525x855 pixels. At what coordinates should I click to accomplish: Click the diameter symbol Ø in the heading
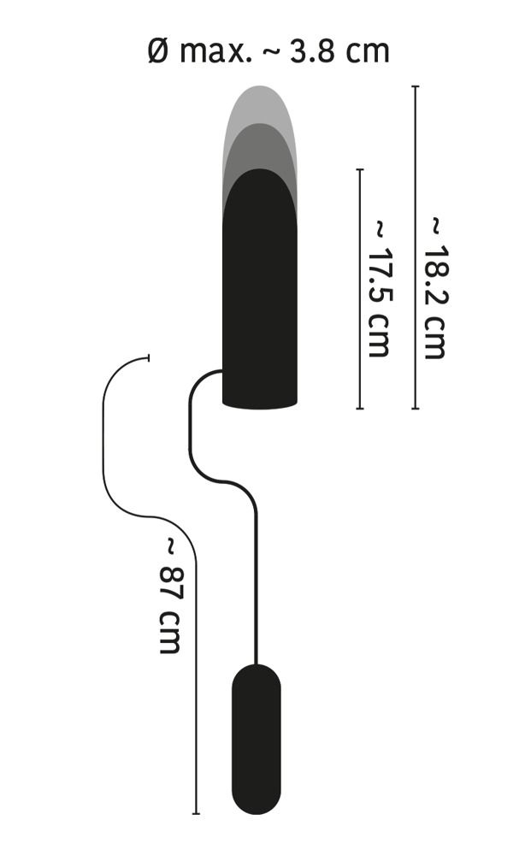[x=158, y=52]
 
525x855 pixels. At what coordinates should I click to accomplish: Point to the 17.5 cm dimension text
[x=380, y=288]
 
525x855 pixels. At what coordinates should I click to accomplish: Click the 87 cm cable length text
[x=169, y=595]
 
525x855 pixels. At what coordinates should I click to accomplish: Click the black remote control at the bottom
[x=257, y=739]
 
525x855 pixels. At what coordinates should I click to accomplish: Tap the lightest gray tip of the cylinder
[x=260, y=103]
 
